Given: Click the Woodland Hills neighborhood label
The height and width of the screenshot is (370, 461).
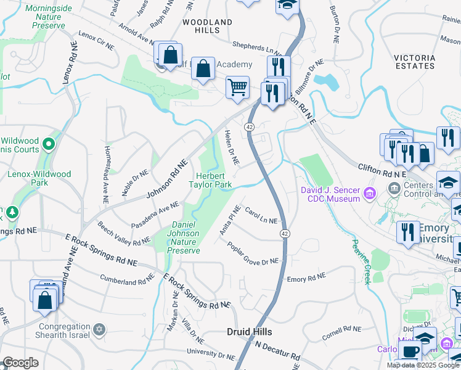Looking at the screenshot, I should click(x=207, y=26).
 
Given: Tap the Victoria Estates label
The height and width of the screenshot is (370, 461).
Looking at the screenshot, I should click(x=414, y=62).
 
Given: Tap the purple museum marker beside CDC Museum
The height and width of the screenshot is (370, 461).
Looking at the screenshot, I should click(x=370, y=194).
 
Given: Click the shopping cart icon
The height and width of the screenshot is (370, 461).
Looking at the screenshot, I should click(x=237, y=87).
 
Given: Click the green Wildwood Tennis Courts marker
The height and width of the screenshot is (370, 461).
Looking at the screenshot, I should click(x=49, y=146).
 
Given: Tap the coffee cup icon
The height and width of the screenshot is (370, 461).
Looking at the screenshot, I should click(x=410, y=353).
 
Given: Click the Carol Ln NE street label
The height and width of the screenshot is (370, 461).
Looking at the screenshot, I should click(x=261, y=216).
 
